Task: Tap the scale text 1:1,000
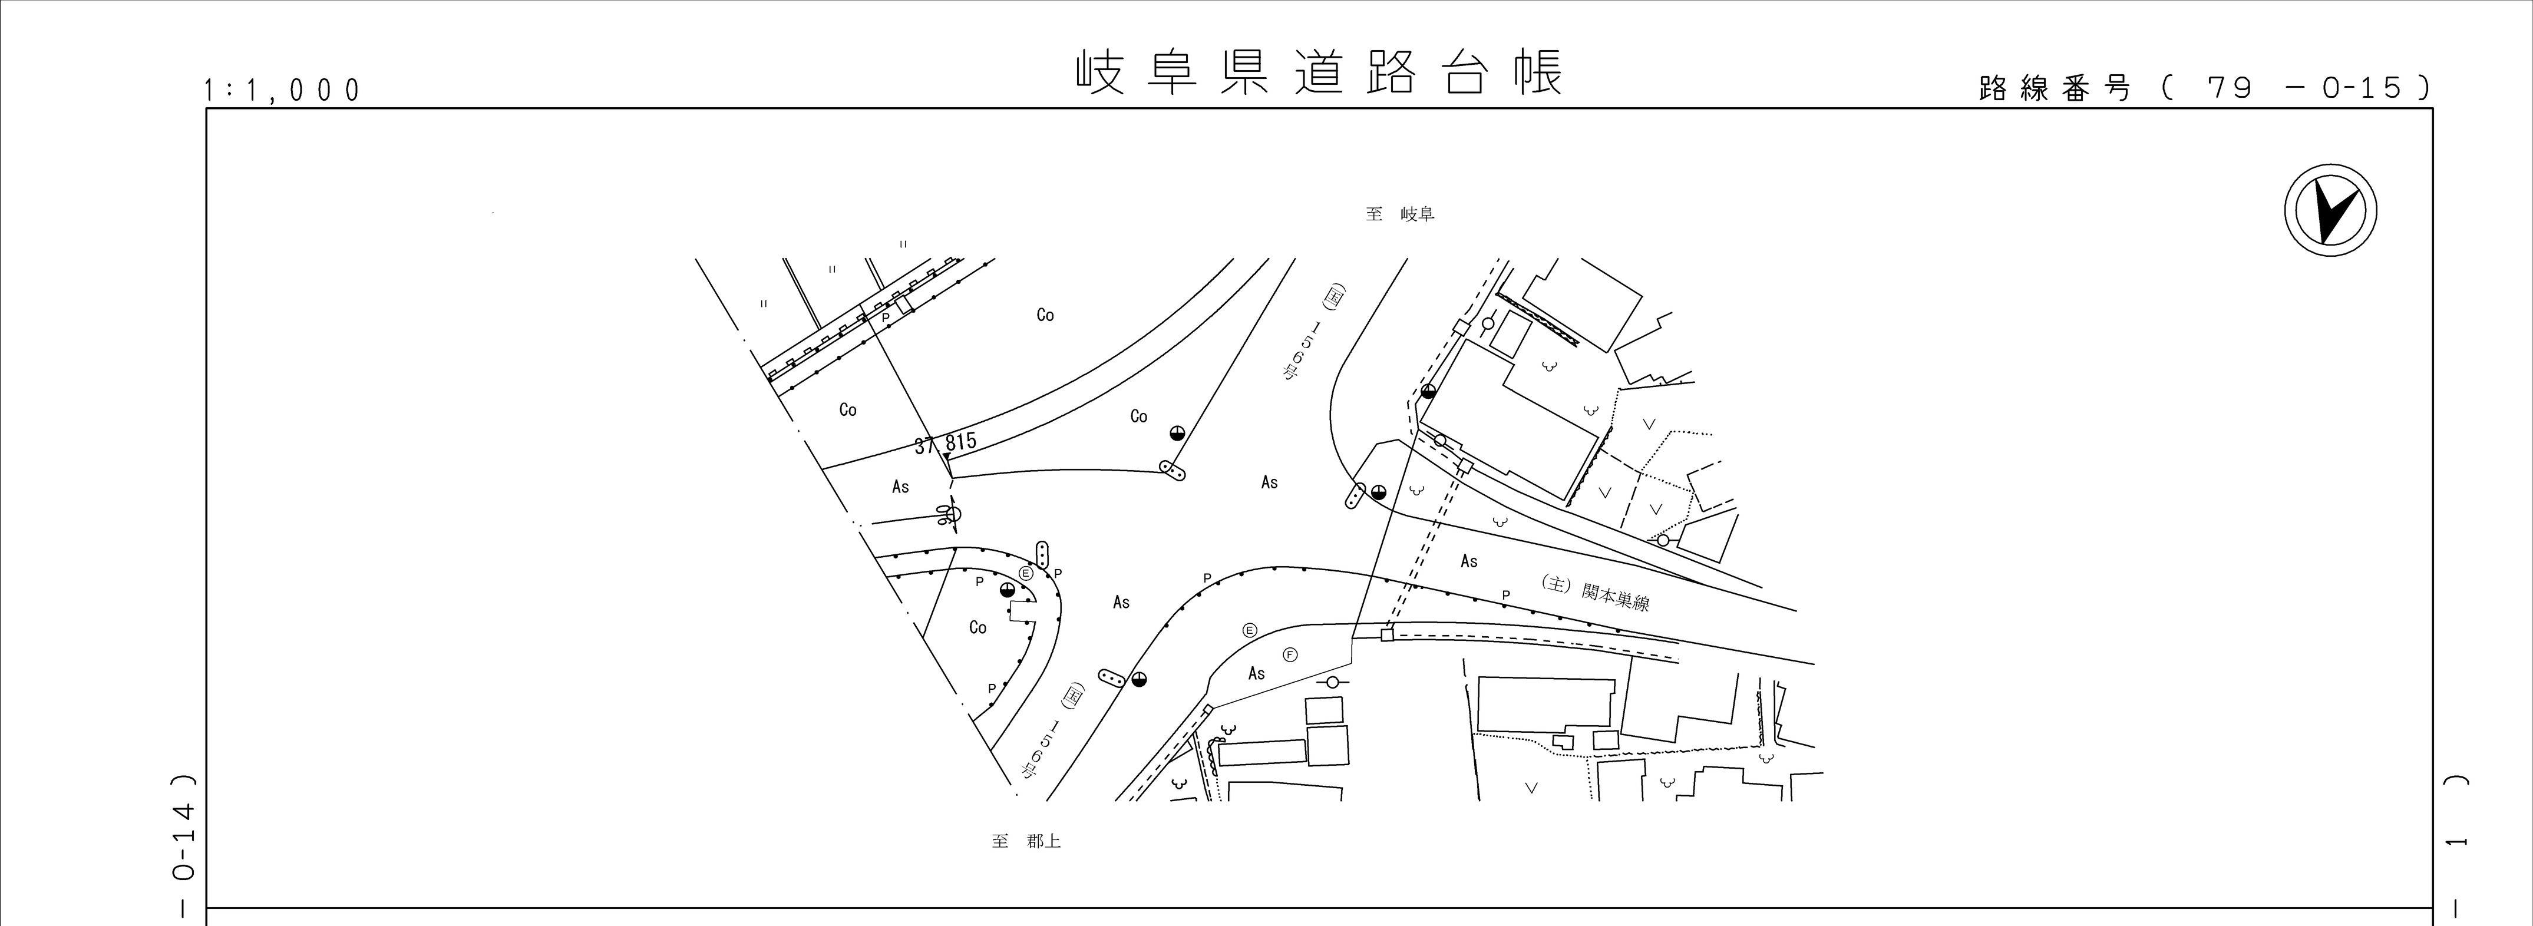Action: pyautogui.click(x=282, y=91)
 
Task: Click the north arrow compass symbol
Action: pyautogui.click(x=2330, y=211)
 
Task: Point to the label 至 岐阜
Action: pyautogui.click(x=1399, y=213)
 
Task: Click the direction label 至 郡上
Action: pyautogui.click(x=1026, y=841)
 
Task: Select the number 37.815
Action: pyautogui.click(x=946, y=442)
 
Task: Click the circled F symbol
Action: pyautogui.click(x=1290, y=654)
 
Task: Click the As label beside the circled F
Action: pyautogui.click(x=1256, y=673)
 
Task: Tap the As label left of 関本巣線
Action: pyautogui.click(x=1468, y=561)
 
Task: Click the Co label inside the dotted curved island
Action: pyautogui.click(x=977, y=627)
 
